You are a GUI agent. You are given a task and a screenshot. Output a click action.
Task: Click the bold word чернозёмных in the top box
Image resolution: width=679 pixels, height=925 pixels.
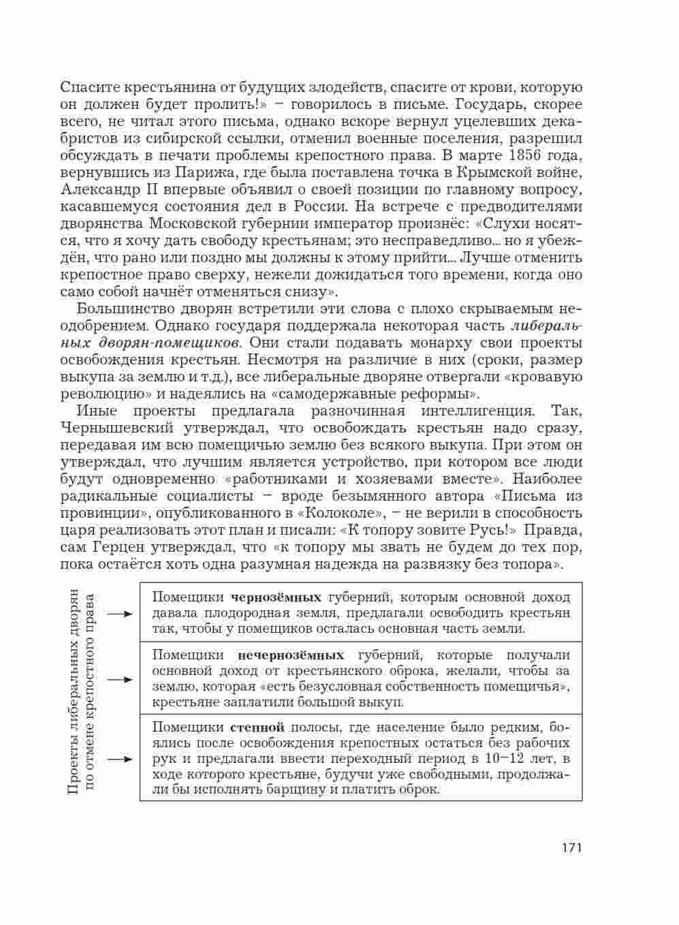[276, 598]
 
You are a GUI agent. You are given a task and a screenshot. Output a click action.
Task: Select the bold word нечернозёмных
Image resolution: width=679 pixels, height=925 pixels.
[291, 655]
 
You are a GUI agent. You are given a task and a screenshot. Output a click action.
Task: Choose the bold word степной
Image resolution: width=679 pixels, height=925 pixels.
[257, 727]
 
